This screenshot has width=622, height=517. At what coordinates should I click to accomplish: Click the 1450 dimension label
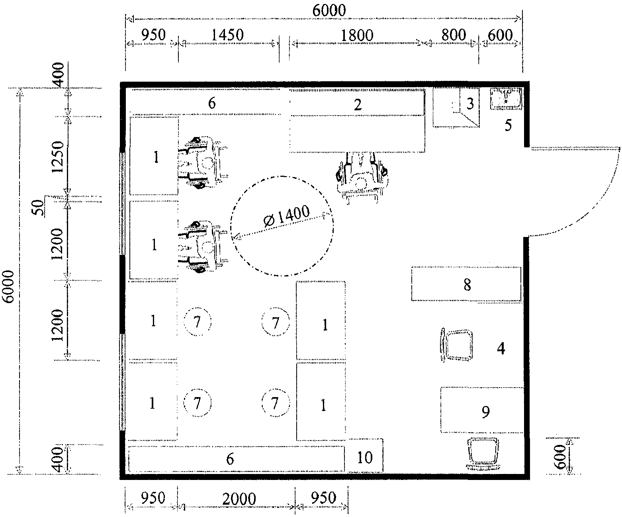coord(228,35)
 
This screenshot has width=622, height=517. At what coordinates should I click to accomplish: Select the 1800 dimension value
coord(357,35)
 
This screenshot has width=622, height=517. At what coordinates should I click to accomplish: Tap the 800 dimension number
coord(454,35)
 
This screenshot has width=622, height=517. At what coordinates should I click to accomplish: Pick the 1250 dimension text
coord(58,157)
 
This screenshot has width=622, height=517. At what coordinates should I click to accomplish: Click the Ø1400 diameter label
coord(287,216)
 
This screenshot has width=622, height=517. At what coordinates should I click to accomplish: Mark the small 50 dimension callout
coord(38,208)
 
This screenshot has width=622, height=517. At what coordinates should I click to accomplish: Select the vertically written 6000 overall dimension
coord(8,287)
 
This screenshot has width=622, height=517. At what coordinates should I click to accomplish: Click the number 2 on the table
coord(358,105)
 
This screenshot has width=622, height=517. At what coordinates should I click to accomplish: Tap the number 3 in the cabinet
coord(470,104)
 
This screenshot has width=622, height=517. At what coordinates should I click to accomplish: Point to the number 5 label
coord(508,125)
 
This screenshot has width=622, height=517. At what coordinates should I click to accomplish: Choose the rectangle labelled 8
coord(467,284)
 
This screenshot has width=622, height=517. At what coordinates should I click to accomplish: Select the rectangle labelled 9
coord(482,410)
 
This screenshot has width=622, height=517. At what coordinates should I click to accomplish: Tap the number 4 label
coord(501,349)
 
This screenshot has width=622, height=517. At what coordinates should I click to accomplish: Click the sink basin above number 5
coord(506,98)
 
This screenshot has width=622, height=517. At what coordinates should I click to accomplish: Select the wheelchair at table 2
coord(362,177)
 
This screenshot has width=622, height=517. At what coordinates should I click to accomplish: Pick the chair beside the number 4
coord(456,345)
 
